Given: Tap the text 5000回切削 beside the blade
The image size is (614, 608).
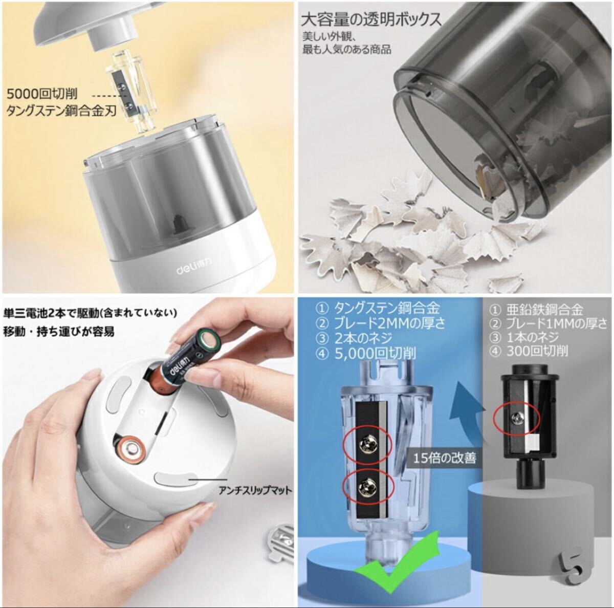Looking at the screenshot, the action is (42, 94).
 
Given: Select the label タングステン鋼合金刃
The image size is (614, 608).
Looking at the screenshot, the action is (61, 111).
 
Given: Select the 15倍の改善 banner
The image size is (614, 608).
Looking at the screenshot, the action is (445, 459).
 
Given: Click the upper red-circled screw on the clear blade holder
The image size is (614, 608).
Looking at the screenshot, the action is (368, 443).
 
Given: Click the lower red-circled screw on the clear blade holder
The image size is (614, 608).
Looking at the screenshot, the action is (367, 487).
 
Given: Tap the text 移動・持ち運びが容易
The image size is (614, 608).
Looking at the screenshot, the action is (59, 332).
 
